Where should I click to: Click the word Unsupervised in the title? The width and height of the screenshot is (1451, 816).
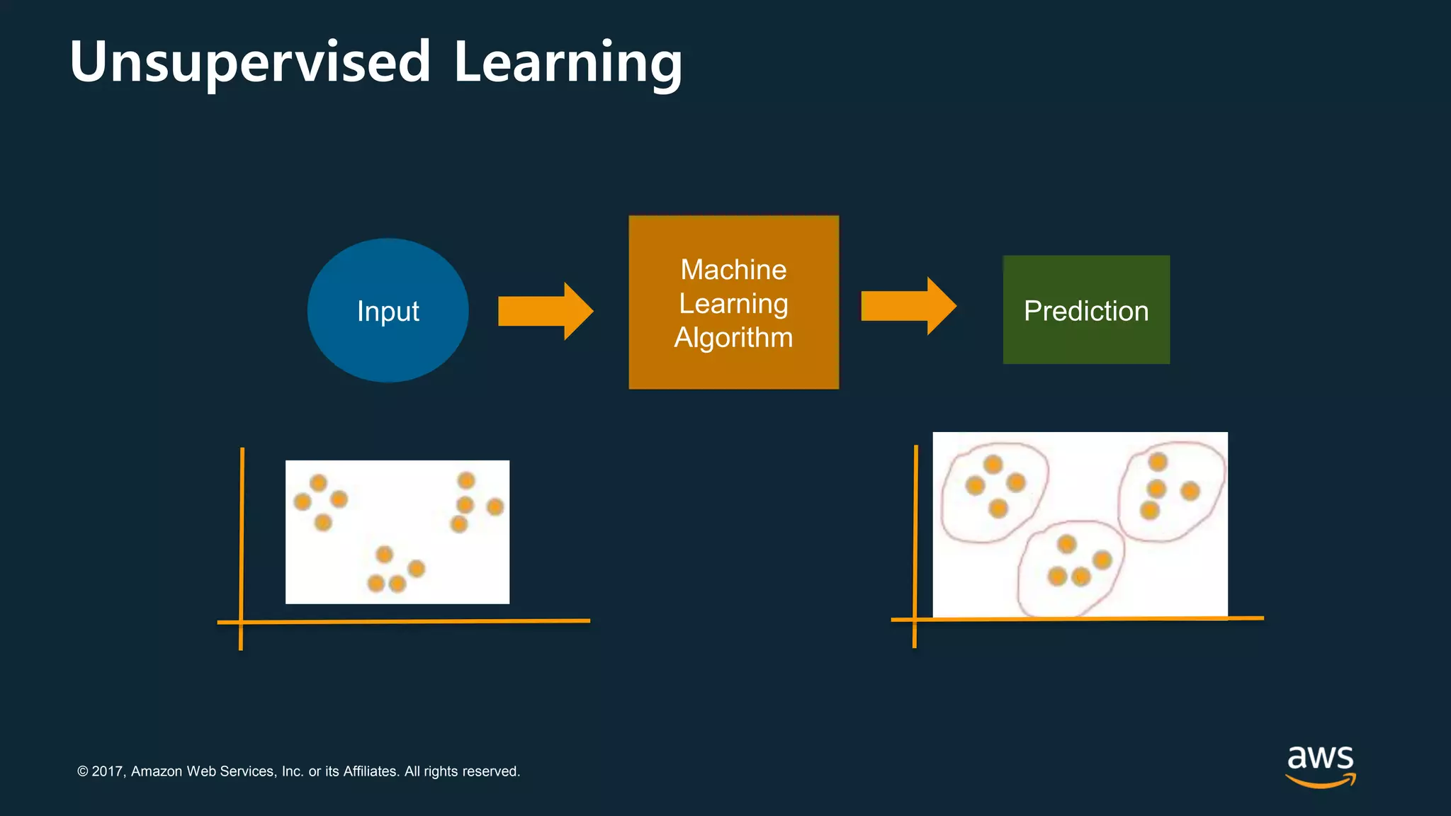(x=249, y=62)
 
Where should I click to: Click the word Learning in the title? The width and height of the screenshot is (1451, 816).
(x=567, y=62)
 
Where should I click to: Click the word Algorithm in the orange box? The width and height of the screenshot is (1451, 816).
(x=733, y=337)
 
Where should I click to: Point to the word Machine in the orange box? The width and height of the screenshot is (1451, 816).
(x=733, y=270)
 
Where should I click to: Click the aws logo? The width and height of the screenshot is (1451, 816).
(x=1320, y=765)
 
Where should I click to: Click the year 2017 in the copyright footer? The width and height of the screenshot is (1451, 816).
(x=108, y=771)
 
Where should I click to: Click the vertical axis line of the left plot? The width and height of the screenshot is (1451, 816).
(x=242, y=538)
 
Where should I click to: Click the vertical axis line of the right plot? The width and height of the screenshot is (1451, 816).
(x=915, y=538)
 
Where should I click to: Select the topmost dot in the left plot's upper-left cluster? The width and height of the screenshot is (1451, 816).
(x=318, y=482)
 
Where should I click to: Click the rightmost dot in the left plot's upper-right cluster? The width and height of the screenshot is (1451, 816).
(x=495, y=506)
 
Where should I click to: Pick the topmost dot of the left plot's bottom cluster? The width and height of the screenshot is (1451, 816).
(x=384, y=554)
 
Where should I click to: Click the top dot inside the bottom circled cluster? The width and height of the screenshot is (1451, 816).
(x=1066, y=544)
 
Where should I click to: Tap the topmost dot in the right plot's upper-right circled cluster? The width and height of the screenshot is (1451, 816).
(x=1158, y=463)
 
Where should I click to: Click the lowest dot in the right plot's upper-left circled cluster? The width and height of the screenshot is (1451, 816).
(x=998, y=508)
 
